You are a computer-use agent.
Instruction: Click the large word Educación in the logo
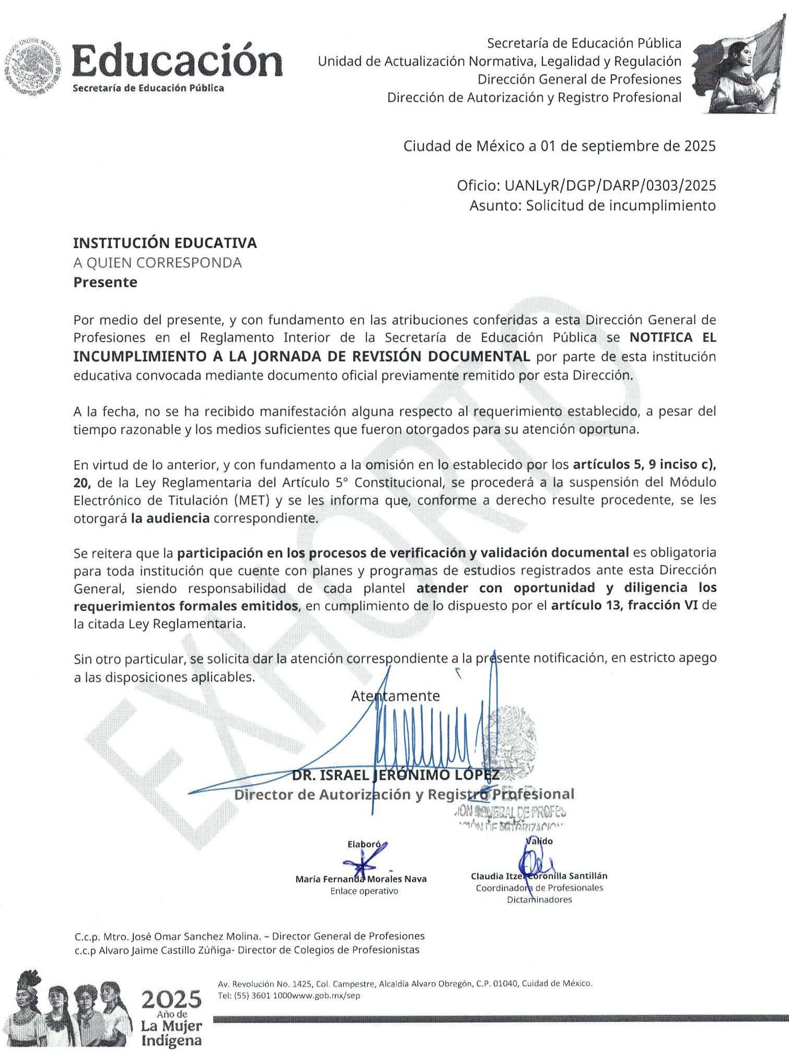pyautogui.click(x=177, y=62)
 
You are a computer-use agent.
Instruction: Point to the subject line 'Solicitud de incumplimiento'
pyautogui.click(x=620, y=206)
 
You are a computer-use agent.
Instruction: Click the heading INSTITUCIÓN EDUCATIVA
pyautogui.click(x=165, y=243)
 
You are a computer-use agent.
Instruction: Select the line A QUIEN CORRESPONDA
pyautogui.click(x=157, y=263)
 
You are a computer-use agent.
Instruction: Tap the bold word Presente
pyautogui.click(x=105, y=283)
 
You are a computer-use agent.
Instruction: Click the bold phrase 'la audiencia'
pyautogui.click(x=170, y=518)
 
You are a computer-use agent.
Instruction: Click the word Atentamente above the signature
pyautogui.click(x=395, y=696)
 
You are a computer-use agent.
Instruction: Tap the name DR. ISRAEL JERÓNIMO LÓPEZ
pyautogui.click(x=395, y=775)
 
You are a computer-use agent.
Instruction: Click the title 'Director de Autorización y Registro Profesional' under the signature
pyautogui.click(x=403, y=794)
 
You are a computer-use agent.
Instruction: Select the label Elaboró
pyautogui.click(x=364, y=844)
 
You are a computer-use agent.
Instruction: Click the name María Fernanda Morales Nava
pyautogui.click(x=361, y=879)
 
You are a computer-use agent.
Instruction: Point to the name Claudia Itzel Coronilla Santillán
pyautogui.click(x=539, y=876)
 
